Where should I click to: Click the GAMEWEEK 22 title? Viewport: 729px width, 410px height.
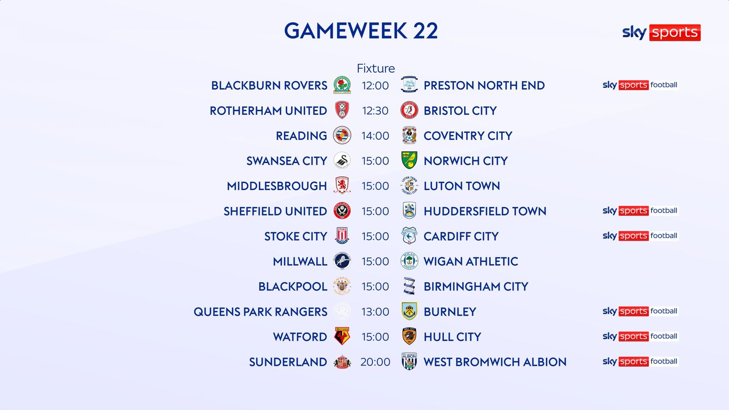pos(361,31)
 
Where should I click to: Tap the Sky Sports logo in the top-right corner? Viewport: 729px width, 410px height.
pos(661,32)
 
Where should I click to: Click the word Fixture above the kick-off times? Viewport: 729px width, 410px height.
pos(375,68)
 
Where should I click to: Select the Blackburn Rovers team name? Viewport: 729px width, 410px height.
pos(269,86)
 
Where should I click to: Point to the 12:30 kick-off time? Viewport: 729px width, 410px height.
pos(375,111)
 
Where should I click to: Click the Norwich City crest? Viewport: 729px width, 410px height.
pos(409,160)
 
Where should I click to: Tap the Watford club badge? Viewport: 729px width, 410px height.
pos(342,336)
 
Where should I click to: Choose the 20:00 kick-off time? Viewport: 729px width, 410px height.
pos(375,362)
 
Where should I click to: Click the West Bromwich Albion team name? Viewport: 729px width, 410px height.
pos(495,362)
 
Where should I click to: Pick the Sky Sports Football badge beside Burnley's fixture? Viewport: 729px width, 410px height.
pos(640,311)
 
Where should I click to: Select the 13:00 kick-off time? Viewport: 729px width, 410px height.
pos(375,312)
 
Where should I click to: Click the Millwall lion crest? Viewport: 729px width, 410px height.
pos(342,261)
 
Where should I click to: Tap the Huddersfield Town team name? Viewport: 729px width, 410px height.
pos(485,211)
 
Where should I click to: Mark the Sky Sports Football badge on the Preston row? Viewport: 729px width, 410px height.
pos(640,85)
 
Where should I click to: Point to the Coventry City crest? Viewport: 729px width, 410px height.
pos(409,135)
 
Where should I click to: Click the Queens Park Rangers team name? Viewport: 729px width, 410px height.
pos(260,312)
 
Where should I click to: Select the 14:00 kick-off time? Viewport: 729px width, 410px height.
pos(375,136)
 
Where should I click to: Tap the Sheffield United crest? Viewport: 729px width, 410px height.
pos(342,211)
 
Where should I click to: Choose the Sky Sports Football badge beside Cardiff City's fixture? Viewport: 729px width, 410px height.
pos(640,236)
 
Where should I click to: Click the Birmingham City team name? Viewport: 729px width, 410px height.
pos(476,287)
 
